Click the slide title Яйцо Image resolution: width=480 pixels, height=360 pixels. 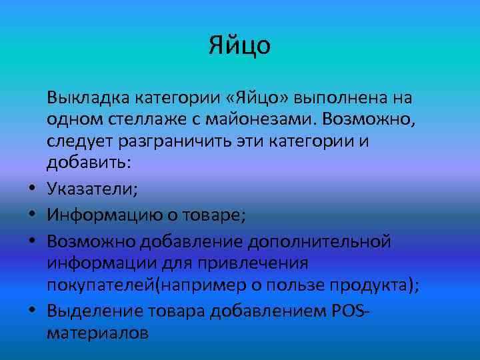click(239, 45)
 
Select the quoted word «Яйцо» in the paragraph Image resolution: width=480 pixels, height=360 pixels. click(258, 99)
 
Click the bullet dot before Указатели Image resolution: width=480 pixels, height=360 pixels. click(31, 191)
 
